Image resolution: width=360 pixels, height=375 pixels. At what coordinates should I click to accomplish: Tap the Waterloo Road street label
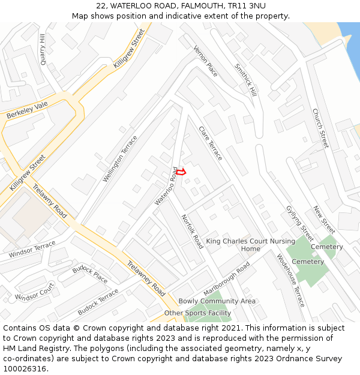(x=167, y=186)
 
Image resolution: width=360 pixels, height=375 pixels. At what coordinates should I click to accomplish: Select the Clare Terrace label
(x=211, y=143)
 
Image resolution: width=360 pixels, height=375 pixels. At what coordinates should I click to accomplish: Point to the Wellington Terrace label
(x=120, y=159)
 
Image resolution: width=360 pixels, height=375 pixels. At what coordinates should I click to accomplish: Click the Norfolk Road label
(x=193, y=232)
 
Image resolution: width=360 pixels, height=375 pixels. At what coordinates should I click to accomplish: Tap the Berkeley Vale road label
(x=26, y=110)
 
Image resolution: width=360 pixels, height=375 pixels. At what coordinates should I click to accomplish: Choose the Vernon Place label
(x=206, y=61)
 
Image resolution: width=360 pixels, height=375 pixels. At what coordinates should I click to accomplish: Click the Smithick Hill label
(x=245, y=80)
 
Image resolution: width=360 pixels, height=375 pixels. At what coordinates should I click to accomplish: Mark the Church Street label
(x=320, y=128)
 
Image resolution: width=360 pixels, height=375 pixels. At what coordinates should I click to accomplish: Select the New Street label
(x=324, y=220)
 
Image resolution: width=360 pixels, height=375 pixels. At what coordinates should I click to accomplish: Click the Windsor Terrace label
(x=32, y=250)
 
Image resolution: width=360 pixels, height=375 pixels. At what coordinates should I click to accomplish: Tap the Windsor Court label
(x=34, y=293)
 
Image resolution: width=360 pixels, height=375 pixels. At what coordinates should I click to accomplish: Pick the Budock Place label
(x=90, y=274)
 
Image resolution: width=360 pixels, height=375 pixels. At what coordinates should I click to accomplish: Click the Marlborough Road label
(x=227, y=277)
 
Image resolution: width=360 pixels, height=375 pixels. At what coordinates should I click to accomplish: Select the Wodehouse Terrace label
(x=291, y=280)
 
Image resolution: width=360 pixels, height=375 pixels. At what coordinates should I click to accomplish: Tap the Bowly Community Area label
(x=217, y=301)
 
